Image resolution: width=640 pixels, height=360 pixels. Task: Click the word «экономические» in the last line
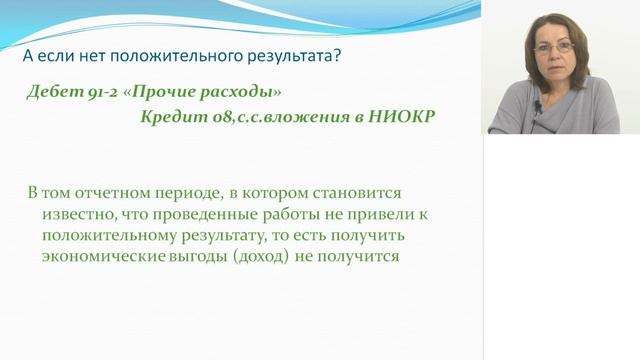[x=105, y=256]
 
